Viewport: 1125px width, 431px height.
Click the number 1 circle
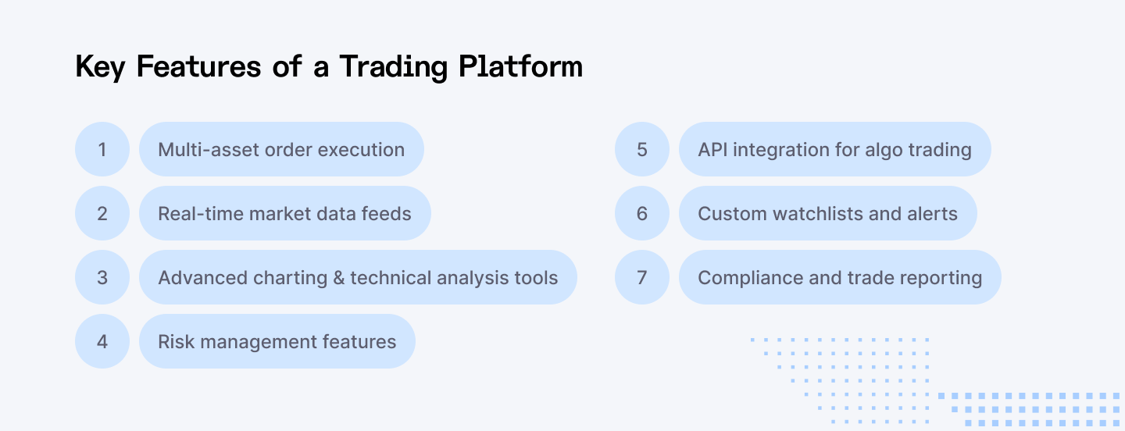(x=102, y=149)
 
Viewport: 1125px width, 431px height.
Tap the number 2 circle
(x=102, y=213)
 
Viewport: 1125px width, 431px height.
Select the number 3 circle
(x=102, y=277)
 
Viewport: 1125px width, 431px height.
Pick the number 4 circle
(x=102, y=341)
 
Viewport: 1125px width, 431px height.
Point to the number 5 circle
(x=642, y=149)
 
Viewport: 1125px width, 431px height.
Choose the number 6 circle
(x=642, y=213)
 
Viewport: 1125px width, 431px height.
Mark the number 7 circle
(x=642, y=277)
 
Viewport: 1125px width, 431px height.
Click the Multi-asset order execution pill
(x=281, y=149)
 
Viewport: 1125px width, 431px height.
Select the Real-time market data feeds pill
(x=284, y=213)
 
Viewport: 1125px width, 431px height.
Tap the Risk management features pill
(x=277, y=341)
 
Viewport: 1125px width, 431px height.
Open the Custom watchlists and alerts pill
(x=827, y=213)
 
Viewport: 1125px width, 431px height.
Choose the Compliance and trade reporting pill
(x=840, y=277)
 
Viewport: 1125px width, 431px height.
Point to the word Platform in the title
(x=520, y=67)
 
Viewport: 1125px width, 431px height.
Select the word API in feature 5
(x=712, y=149)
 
